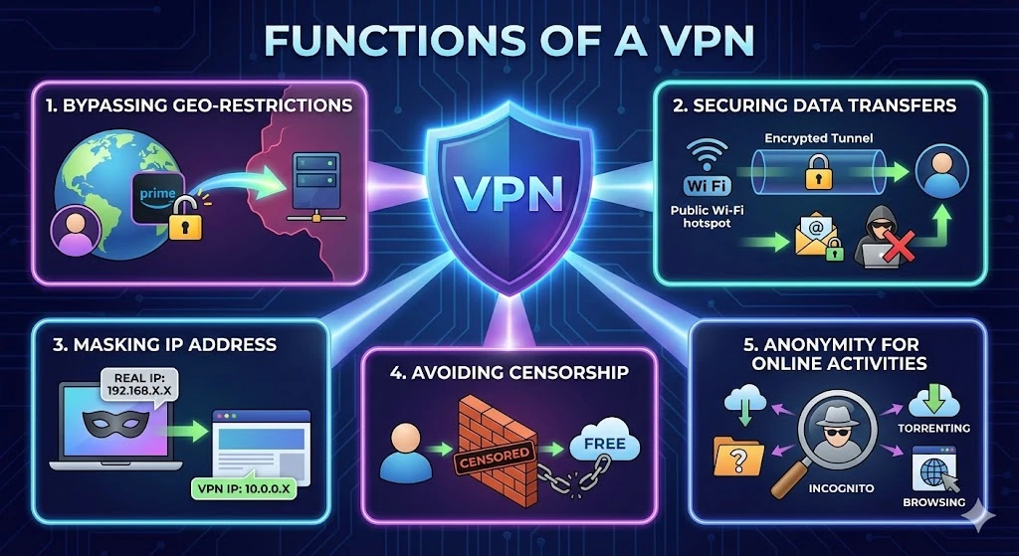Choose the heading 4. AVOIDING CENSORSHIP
click(509, 373)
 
